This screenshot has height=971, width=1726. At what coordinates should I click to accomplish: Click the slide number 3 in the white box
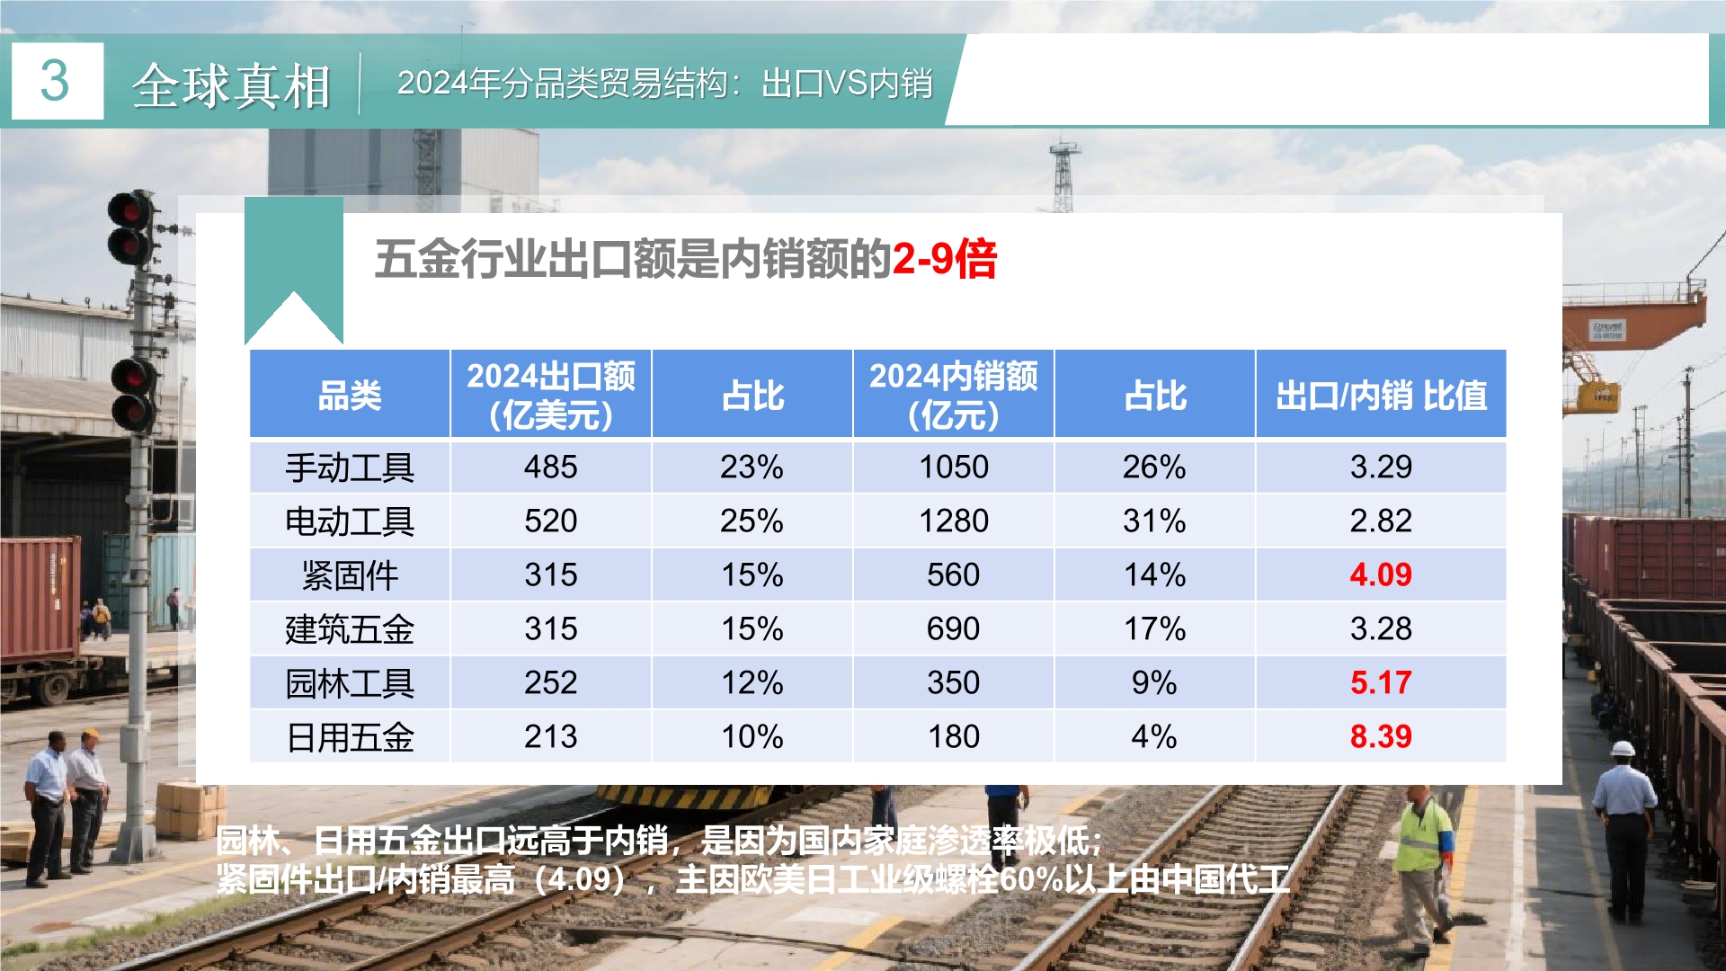pyautogui.click(x=55, y=81)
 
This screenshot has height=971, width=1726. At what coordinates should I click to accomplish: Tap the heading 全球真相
pyautogui.click(x=232, y=86)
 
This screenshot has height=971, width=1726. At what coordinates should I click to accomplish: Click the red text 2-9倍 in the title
pyautogui.click(x=945, y=259)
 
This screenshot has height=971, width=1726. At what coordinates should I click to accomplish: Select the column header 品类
pyautogui.click(x=350, y=396)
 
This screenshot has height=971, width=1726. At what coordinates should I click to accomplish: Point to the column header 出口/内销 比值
pyautogui.click(x=1381, y=396)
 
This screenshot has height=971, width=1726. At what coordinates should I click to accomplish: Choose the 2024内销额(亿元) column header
pyautogui.click(x=953, y=396)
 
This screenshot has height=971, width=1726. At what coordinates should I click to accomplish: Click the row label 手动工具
pyautogui.click(x=350, y=468)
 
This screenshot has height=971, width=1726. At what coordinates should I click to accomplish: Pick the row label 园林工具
pyautogui.click(x=350, y=683)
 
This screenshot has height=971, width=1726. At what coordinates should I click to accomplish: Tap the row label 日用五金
pyautogui.click(x=350, y=737)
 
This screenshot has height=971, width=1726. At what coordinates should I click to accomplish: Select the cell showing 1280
pyautogui.click(x=953, y=521)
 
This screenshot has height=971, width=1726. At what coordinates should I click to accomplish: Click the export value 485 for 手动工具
pyautogui.click(x=551, y=468)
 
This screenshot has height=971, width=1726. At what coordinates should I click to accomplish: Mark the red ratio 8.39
pyautogui.click(x=1381, y=737)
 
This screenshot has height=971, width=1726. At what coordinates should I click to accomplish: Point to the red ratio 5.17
pyautogui.click(x=1381, y=683)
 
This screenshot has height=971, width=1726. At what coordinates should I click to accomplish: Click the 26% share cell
pyautogui.click(x=1154, y=468)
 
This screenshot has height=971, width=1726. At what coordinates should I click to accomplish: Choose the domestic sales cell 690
pyautogui.click(x=953, y=629)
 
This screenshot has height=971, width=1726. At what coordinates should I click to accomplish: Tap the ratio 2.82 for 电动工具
pyautogui.click(x=1381, y=521)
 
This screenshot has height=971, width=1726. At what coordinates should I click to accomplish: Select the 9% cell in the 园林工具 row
pyautogui.click(x=1154, y=683)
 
